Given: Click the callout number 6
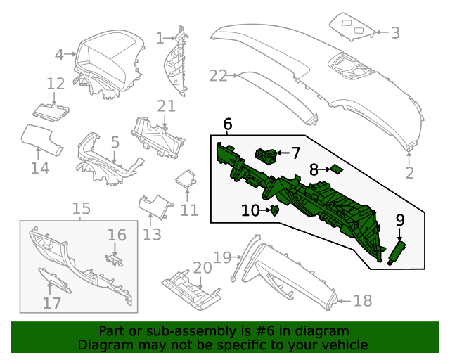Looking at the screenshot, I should (x=227, y=124).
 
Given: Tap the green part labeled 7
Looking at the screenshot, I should (x=266, y=154).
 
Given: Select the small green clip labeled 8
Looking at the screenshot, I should (x=337, y=169).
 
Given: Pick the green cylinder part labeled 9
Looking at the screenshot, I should (x=398, y=250).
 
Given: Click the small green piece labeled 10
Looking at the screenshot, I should (x=275, y=210).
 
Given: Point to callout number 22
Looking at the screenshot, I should (x=218, y=76).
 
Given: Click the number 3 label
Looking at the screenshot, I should (x=395, y=32).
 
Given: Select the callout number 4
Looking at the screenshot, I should (x=60, y=53).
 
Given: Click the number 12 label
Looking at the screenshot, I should (x=56, y=84).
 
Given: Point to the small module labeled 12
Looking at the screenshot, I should (x=52, y=110).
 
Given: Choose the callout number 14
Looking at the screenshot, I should (x=40, y=168).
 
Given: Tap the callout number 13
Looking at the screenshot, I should (x=153, y=234).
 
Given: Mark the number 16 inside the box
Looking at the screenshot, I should (x=117, y=235).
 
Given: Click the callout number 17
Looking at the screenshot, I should (x=52, y=303).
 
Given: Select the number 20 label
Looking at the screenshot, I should (x=202, y=268).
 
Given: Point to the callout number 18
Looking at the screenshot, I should (x=362, y=301).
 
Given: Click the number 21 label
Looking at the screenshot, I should (x=166, y=105).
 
